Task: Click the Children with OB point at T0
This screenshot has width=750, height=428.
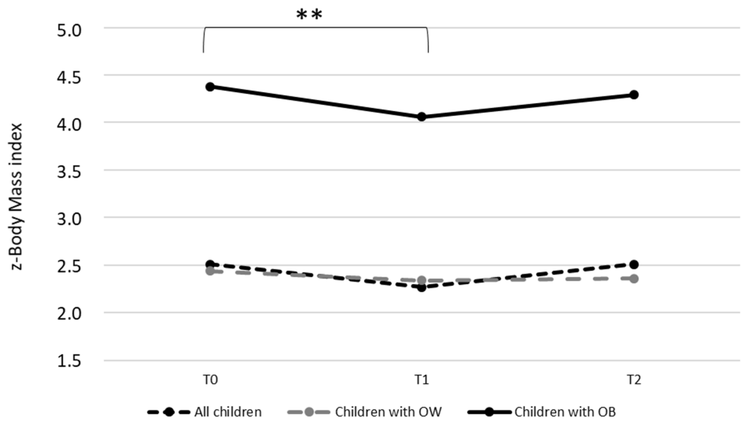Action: (x=210, y=87)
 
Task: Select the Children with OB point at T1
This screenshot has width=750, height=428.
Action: (x=422, y=117)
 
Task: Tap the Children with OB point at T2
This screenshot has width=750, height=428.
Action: (x=634, y=95)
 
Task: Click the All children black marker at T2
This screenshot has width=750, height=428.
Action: (x=634, y=264)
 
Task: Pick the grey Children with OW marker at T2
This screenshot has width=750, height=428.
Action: (x=634, y=279)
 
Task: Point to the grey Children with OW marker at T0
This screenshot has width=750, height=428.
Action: (x=210, y=271)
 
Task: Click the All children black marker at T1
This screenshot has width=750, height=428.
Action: (x=422, y=288)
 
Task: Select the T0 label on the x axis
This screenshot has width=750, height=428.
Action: (x=210, y=380)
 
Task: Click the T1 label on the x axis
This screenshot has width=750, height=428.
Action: (x=422, y=380)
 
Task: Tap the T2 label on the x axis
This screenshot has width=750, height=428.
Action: (x=634, y=380)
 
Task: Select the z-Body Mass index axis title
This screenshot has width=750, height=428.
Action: (x=16, y=196)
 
